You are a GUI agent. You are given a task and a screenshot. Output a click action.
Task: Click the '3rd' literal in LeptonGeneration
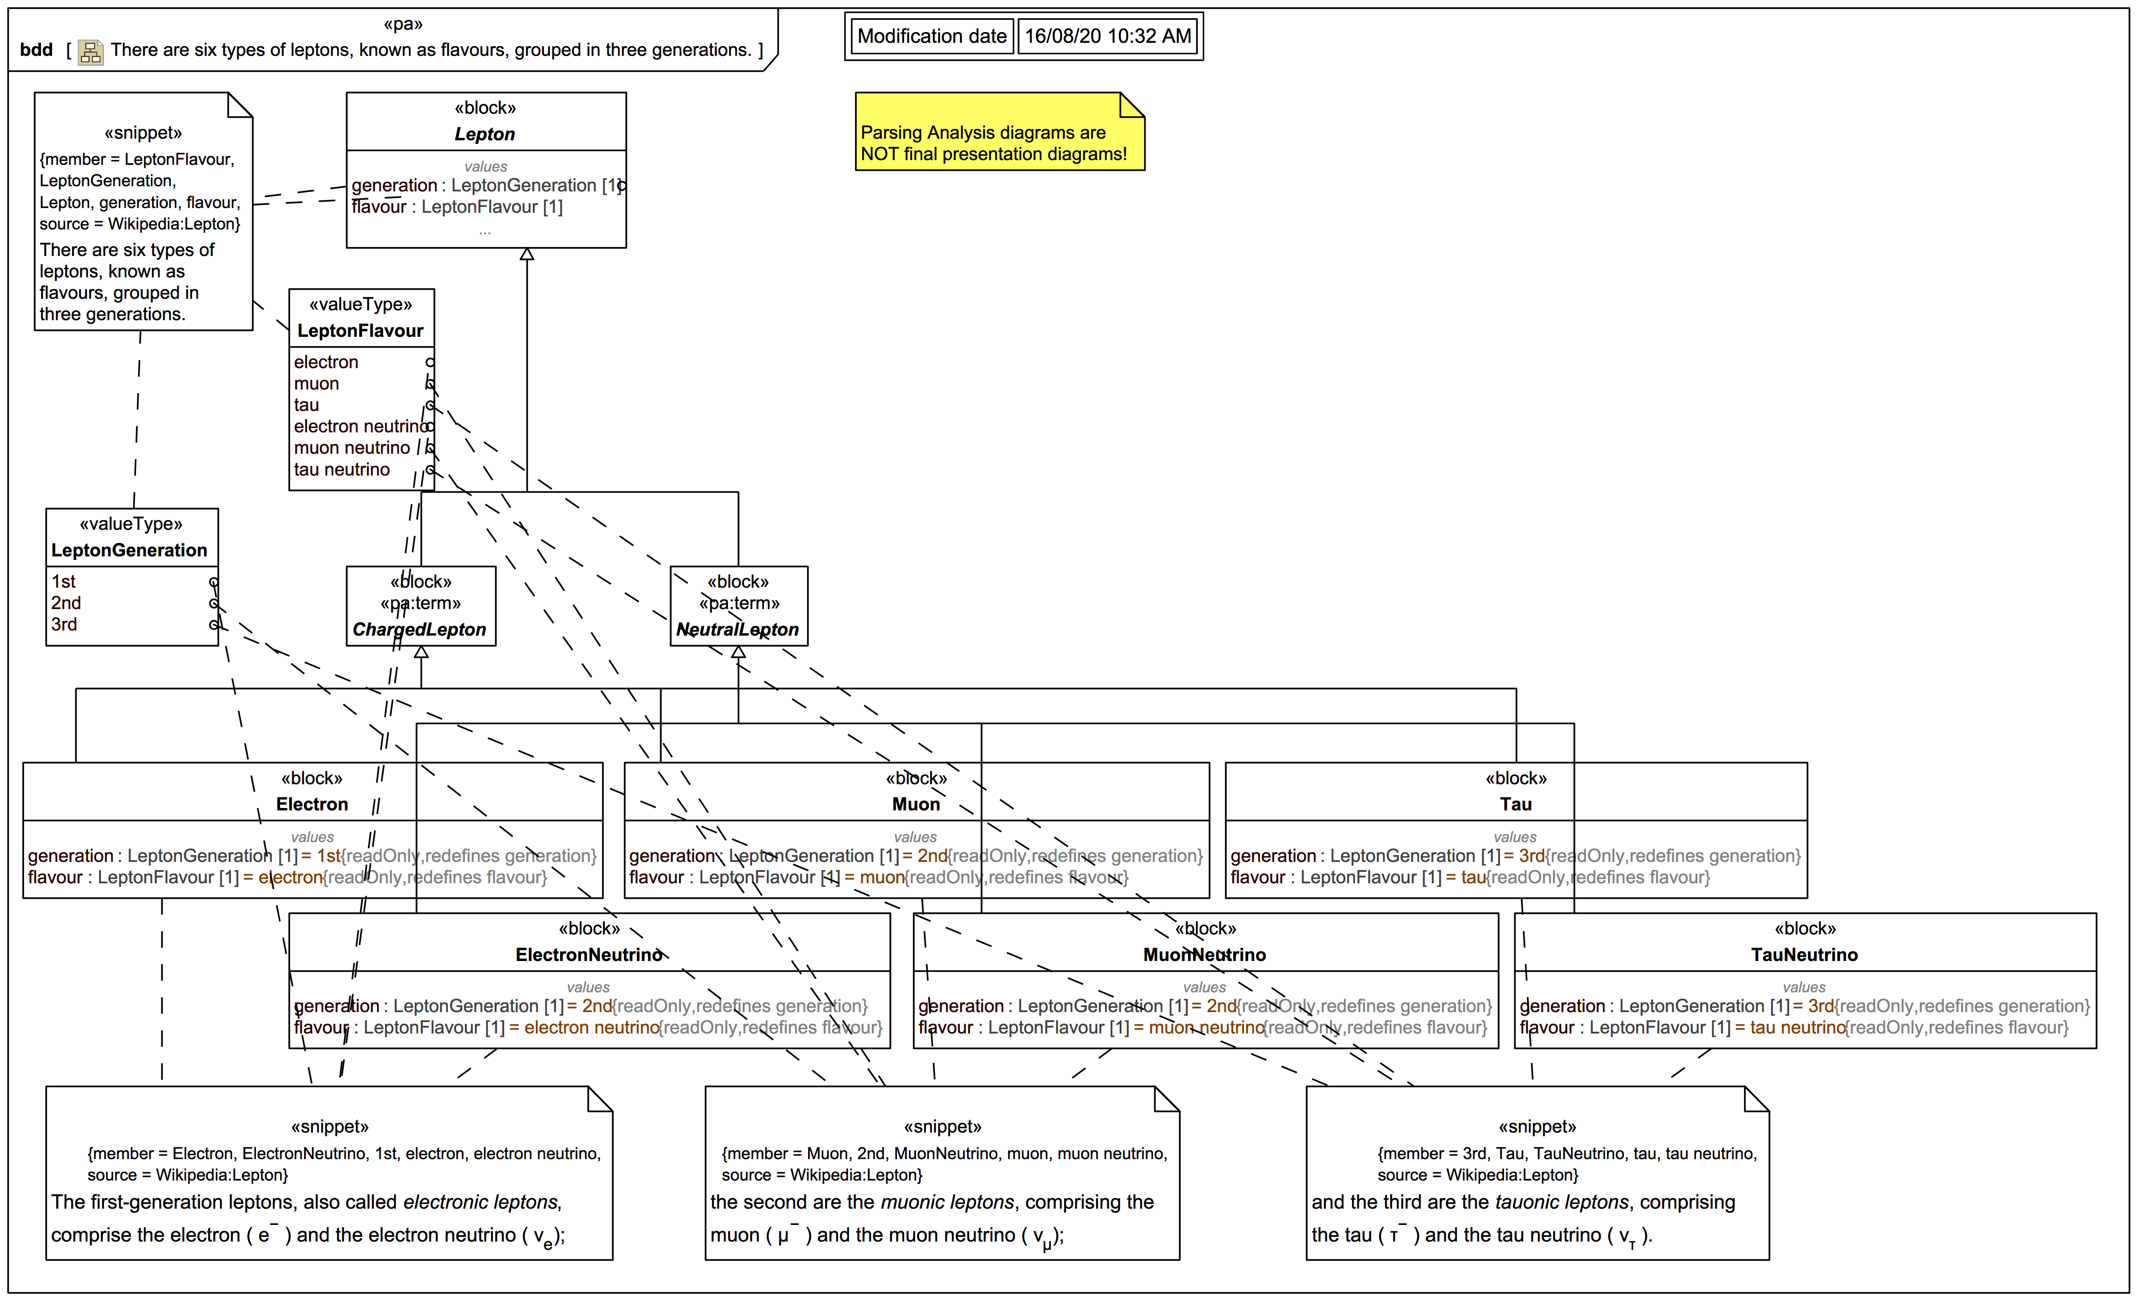[64, 625]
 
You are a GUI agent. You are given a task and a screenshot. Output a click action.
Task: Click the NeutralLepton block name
[738, 630]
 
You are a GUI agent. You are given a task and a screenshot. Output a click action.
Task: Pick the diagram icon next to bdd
[90, 52]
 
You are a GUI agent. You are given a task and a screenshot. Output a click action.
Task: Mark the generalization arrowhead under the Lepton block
[527, 254]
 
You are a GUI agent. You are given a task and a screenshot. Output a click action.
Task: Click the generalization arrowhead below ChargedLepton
[421, 652]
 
